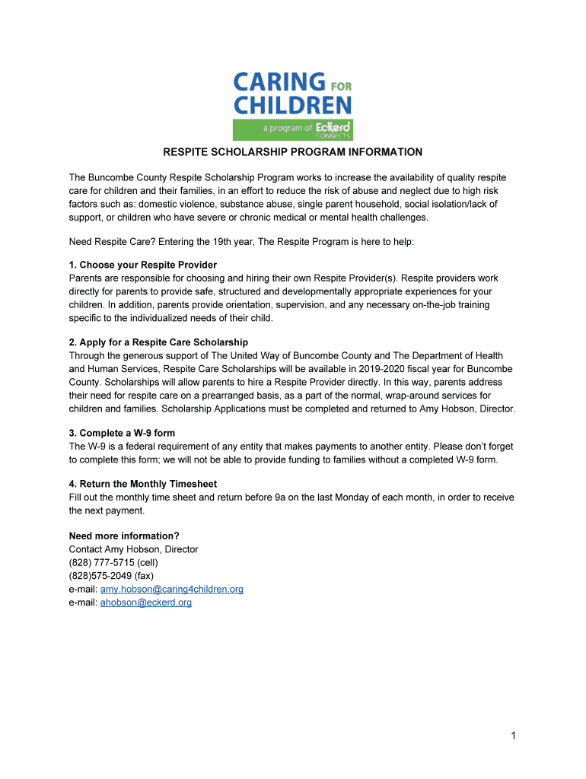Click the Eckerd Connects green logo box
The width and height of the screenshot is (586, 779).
(292, 129)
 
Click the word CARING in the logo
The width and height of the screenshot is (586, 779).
(279, 81)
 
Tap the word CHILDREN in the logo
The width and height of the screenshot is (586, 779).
(292, 104)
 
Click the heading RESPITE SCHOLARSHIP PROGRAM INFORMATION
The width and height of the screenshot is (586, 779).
(293, 152)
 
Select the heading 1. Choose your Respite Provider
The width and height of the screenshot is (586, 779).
(143, 265)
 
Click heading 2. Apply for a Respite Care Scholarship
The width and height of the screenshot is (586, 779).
(158, 342)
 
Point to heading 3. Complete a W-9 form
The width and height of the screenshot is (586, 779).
(122, 432)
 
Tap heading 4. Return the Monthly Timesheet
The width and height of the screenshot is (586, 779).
(143, 484)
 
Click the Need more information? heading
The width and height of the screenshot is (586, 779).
(124, 536)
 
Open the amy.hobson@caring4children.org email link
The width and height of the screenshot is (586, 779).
(172, 590)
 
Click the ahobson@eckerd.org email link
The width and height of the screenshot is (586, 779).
(146, 603)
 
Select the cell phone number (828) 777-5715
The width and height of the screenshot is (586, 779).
(113, 562)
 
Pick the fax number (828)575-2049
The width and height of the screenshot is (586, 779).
(111, 576)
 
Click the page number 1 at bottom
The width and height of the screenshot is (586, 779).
(514, 735)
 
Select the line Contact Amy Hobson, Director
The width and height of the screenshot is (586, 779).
(133, 549)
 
